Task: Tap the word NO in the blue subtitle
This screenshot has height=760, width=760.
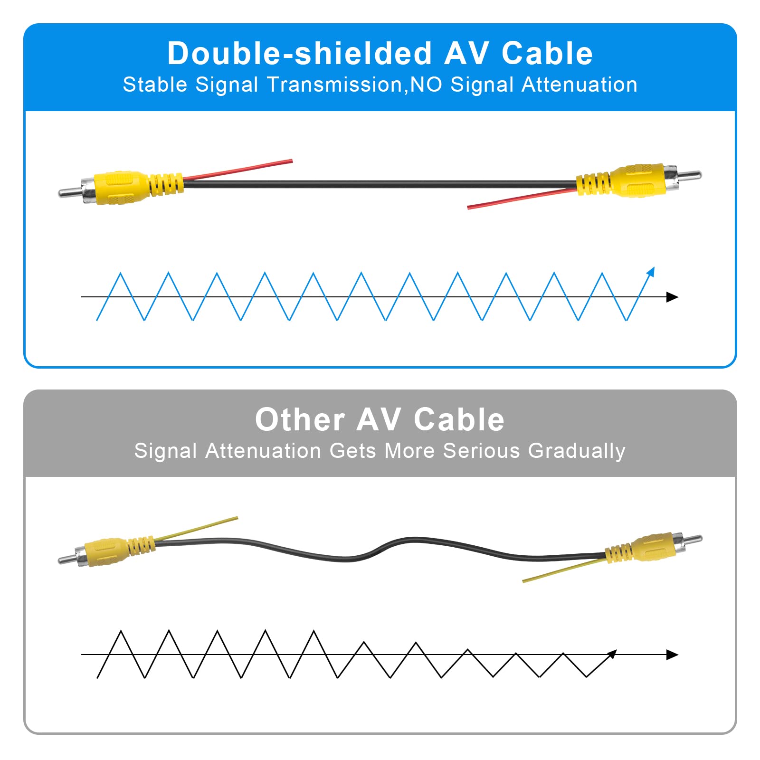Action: [x=426, y=85]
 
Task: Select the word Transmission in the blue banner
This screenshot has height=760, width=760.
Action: [x=335, y=85]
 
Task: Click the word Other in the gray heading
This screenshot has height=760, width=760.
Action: [x=300, y=420]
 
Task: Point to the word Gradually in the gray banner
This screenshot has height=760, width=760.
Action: [x=577, y=451]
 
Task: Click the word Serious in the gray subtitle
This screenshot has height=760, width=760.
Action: [x=481, y=451]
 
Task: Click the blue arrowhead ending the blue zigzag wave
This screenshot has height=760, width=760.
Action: [x=651, y=272]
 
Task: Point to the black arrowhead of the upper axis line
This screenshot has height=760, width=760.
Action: [x=672, y=297]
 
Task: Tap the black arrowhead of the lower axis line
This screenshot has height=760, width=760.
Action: [x=672, y=655]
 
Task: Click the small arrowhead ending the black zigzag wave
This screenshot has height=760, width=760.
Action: [x=613, y=654]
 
